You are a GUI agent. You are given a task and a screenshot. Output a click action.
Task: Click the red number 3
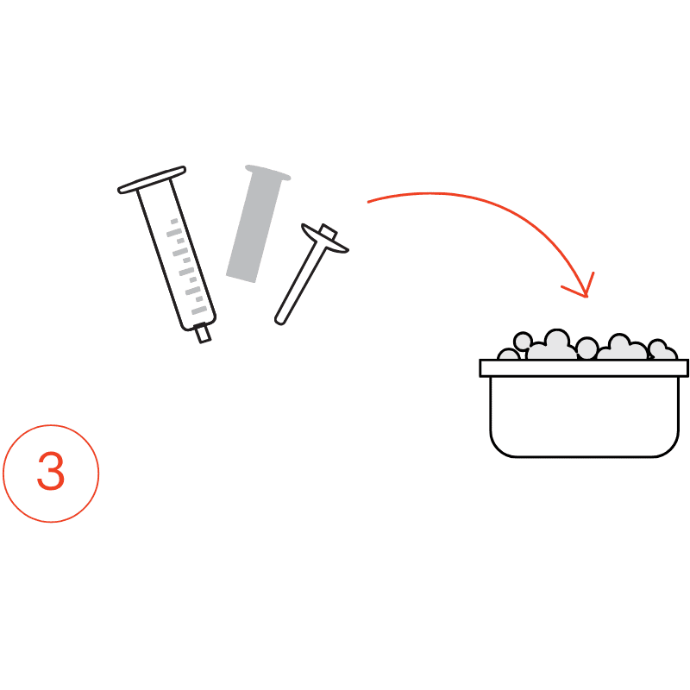pos(51,470)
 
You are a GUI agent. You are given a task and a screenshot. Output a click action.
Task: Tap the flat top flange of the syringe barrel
pos(152,179)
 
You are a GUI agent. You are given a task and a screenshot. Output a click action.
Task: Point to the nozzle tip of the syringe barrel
pos(204,335)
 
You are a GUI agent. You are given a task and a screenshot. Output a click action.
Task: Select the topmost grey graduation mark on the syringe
pos(174,221)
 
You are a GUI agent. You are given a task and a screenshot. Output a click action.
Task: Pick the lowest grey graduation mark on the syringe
pos(199,310)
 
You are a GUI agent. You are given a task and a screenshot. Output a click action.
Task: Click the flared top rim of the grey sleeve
pos(267,172)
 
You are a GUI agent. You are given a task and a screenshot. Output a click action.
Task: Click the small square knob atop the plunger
pos(329,231)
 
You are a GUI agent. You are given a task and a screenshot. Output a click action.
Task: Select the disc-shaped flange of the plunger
pos(325,239)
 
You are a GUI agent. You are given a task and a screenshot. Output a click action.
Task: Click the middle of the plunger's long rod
pos(300,283)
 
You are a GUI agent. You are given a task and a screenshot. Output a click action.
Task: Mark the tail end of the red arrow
pos(368,202)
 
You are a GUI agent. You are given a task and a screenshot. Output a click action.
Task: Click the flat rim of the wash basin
pos(584,368)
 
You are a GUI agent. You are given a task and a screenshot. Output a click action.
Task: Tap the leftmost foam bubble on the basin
pos(509,354)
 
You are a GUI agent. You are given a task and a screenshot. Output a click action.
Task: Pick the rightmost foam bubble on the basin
pos(662,350)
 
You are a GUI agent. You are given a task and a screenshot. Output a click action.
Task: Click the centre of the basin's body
pos(585,417)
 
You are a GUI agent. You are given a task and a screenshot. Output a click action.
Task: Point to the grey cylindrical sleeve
pos(257,224)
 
